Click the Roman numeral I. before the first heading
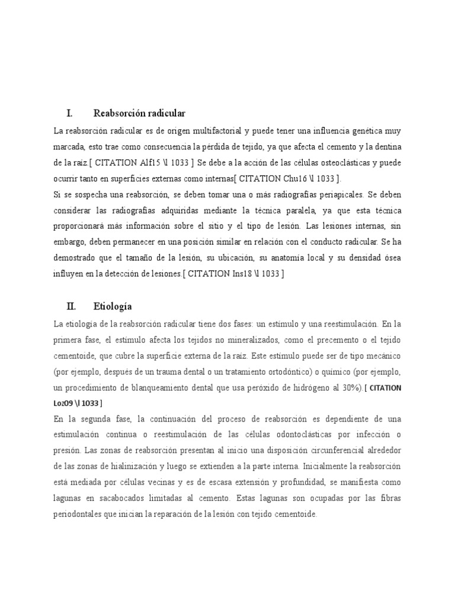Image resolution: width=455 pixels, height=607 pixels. (69, 113)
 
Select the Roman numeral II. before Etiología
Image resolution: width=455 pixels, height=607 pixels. (71, 306)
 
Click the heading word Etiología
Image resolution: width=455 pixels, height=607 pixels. (113, 306)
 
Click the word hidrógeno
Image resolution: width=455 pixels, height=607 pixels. (312, 388)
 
